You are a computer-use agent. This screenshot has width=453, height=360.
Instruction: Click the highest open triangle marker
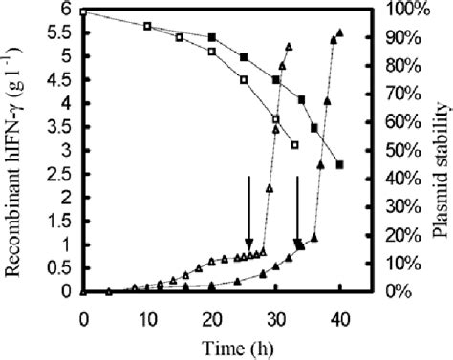click(289, 46)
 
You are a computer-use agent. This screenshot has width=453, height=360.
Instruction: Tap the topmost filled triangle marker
click(339, 32)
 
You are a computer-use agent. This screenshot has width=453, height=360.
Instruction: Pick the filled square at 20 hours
click(212, 37)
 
